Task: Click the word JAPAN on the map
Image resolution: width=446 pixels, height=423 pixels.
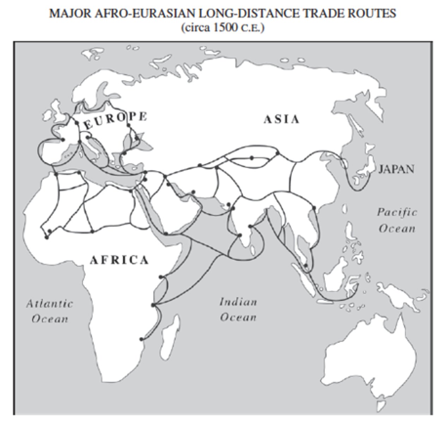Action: pyautogui.click(x=396, y=169)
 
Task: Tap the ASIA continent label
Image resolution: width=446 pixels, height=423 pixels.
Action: pyautogui.click(x=282, y=119)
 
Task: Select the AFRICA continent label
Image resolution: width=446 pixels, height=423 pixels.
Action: pyautogui.click(x=120, y=260)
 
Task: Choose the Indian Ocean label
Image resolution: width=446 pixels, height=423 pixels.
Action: pyautogui.click(x=238, y=309)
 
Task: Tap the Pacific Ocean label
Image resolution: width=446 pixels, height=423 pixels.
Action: pyautogui.click(x=397, y=220)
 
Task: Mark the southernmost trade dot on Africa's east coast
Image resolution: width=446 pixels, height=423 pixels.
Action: pyautogui.click(x=141, y=339)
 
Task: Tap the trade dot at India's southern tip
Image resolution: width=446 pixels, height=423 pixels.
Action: pyautogui.click(x=240, y=235)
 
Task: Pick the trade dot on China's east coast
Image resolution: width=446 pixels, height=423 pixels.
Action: pyautogui.click(x=314, y=208)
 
